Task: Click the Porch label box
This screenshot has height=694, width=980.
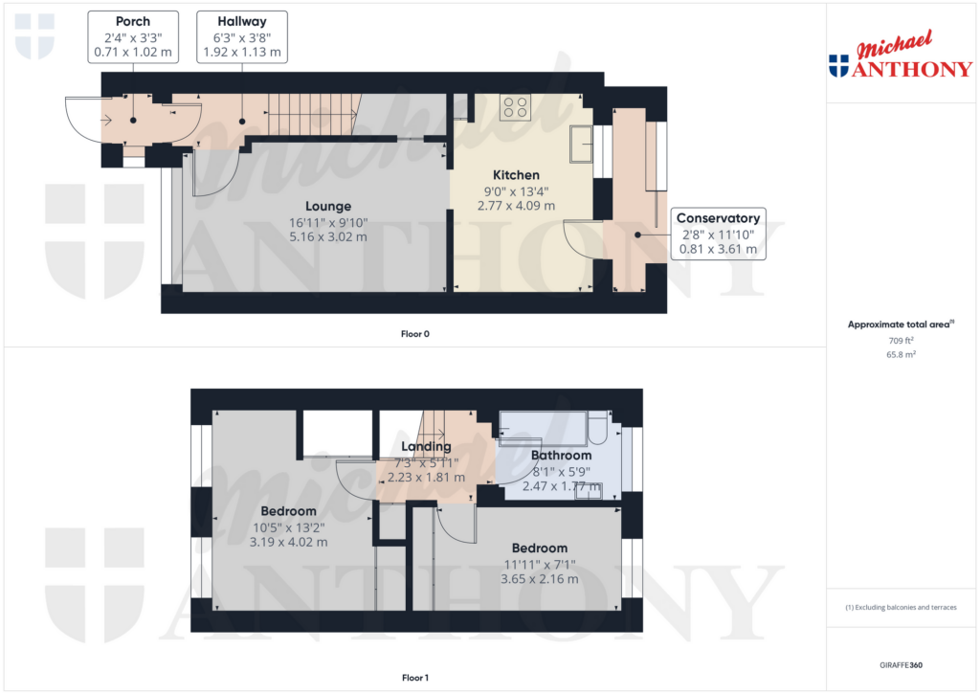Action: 132,36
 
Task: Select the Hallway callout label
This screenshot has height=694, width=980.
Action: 241,36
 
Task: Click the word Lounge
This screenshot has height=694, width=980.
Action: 328,206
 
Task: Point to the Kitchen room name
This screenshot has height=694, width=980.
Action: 516,175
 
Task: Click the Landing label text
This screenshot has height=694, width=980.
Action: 426,446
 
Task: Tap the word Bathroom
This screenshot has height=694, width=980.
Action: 561,456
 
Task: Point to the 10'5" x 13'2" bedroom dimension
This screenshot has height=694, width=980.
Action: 288,526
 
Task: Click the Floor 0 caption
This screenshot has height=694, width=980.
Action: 414,334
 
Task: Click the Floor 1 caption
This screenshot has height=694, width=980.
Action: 414,678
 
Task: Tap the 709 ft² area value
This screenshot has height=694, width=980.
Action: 901,340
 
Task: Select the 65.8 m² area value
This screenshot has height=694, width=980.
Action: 901,354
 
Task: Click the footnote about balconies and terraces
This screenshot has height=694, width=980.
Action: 901,608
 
